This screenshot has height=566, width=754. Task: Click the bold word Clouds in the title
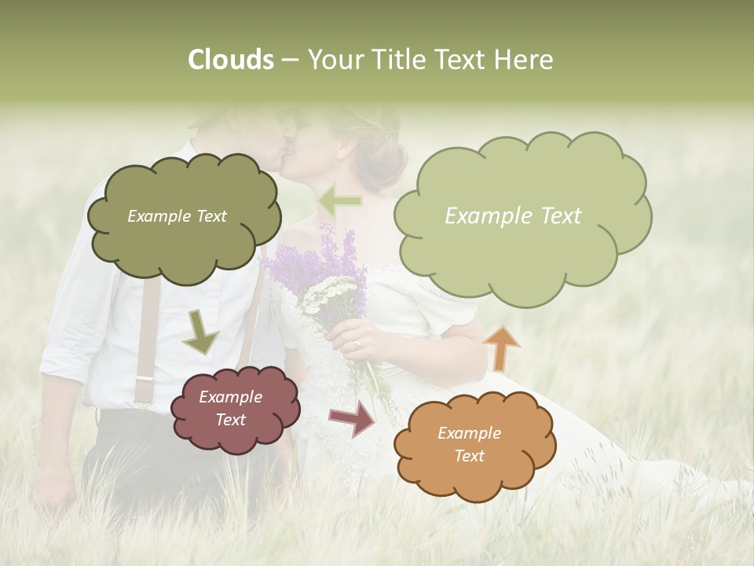pyautogui.click(x=230, y=60)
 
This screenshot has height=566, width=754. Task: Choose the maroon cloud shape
pyautogui.click(x=234, y=409)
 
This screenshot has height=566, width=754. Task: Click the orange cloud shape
pyautogui.click(x=474, y=445)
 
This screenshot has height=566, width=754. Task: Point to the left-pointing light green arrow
pyautogui.click(x=339, y=201)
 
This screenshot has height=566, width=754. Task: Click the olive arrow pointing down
pyautogui.click(x=200, y=332)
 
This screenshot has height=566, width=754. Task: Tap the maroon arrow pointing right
pyautogui.click(x=353, y=418)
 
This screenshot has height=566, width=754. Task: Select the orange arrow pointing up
pyautogui.click(x=500, y=348)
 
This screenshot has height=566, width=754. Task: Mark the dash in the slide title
pyautogui.click(x=289, y=60)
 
